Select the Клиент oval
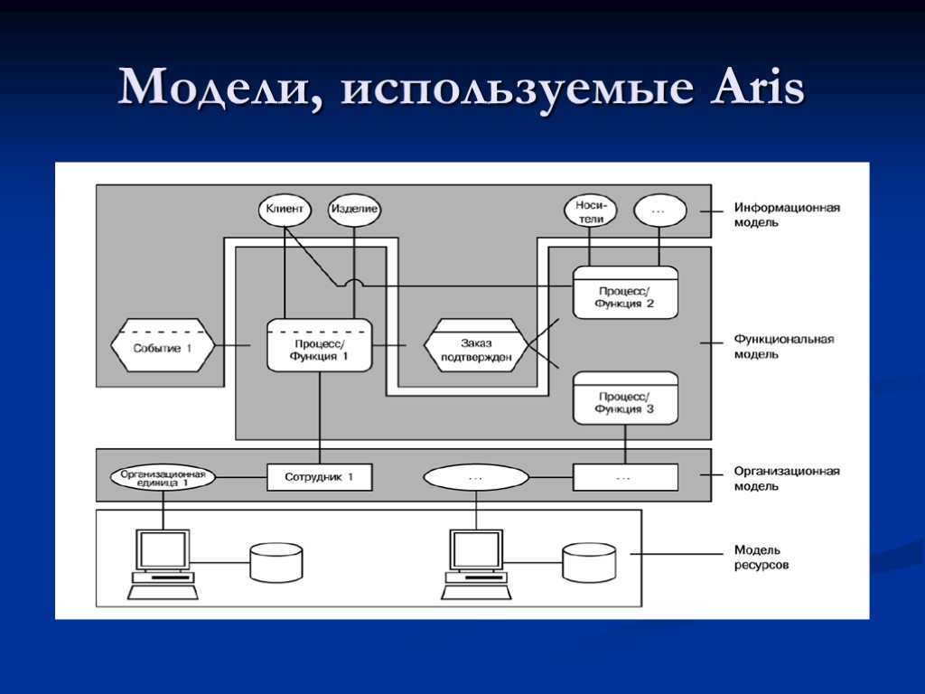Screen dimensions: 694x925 point(285,210)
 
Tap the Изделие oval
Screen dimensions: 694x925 point(353,210)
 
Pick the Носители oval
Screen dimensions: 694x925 point(590,211)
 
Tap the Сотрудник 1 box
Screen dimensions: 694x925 point(319,476)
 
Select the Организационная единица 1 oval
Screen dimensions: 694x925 point(164,476)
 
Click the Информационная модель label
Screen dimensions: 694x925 point(786,214)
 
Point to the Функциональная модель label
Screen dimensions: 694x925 point(783,346)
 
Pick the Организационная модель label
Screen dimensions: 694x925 point(786,478)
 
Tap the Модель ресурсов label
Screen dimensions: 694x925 point(761,557)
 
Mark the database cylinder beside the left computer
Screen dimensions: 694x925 point(277,562)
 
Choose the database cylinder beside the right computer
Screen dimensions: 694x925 point(590,562)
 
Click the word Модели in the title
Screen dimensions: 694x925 point(215,90)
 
